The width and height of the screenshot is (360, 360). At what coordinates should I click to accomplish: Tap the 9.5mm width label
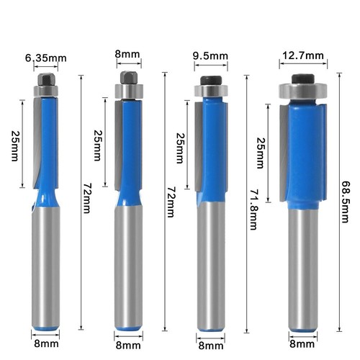coord(212,56)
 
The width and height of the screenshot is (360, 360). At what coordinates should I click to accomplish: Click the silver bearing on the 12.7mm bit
coord(303,91)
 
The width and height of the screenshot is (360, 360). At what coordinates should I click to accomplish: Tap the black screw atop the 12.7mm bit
coord(303,78)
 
